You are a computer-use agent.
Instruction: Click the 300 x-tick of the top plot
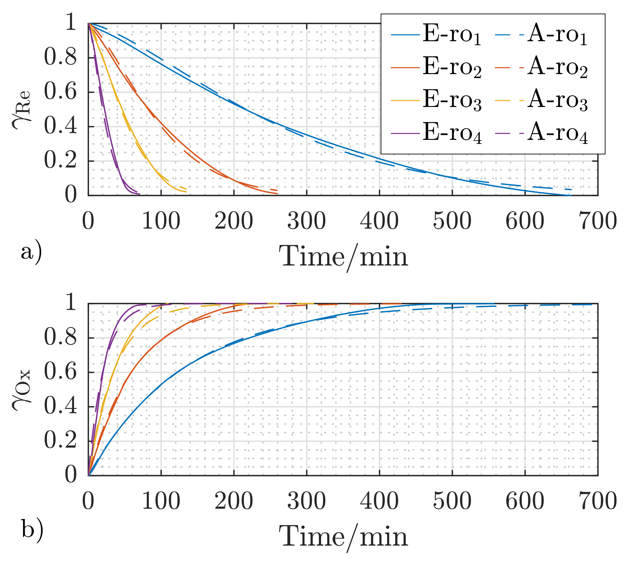point(306,221)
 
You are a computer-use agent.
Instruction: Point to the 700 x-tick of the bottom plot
point(597,501)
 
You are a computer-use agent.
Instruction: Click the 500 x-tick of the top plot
point(452,221)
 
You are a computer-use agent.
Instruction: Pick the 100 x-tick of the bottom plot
point(161,501)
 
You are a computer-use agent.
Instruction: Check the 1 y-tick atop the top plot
point(70,23)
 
